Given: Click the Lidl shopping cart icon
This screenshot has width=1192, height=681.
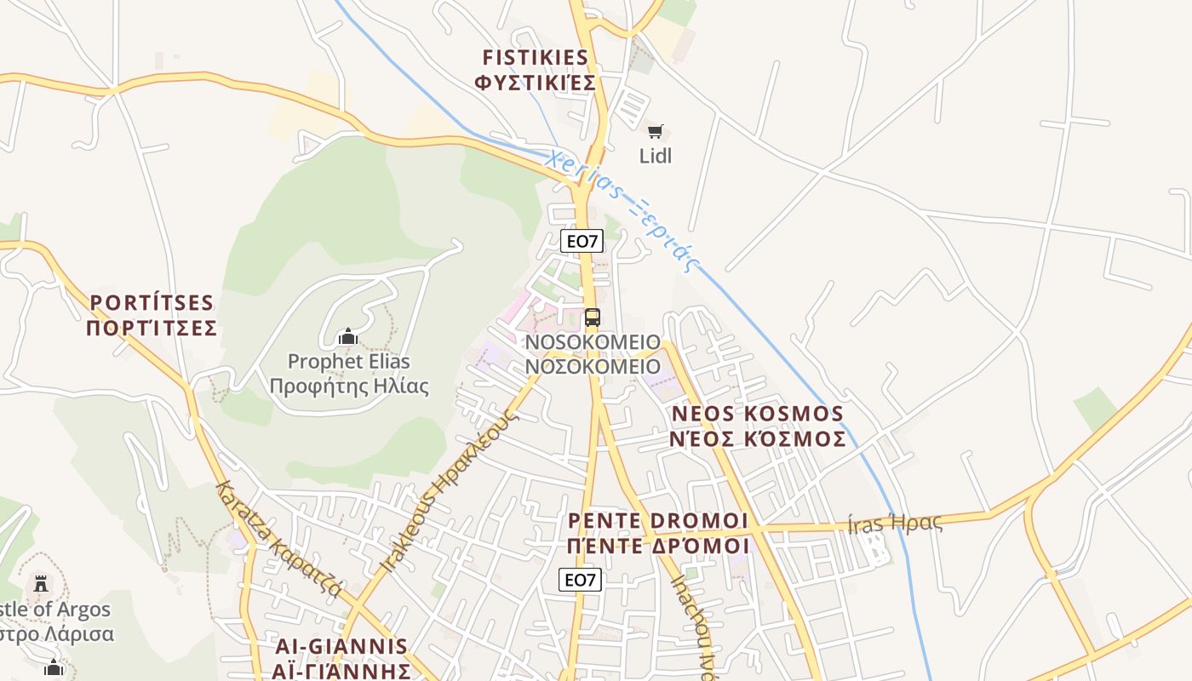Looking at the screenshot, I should click(655, 131).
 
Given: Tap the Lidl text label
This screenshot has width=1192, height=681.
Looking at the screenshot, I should click(656, 156).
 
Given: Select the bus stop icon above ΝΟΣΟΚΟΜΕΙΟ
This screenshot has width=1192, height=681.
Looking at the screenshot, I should click(593, 318).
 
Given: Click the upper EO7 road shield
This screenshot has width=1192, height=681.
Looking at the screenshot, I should click(582, 241).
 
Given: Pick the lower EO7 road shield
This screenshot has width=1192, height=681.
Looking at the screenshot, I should click(581, 580).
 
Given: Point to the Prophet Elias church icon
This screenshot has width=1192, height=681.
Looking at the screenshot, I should click(347, 337).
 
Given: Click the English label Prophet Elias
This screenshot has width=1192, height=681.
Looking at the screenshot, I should click(349, 361).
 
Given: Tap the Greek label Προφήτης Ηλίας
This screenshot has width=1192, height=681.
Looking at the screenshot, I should click(349, 386).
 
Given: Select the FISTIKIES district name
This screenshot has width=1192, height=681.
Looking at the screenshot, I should click(536, 58).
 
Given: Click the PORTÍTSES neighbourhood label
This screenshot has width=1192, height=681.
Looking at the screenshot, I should click(152, 303).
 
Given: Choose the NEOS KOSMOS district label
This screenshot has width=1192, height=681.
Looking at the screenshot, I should click(758, 414).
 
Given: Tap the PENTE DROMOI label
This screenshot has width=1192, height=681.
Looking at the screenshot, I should click(658, 520).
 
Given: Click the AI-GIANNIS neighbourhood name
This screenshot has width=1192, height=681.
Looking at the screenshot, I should click(341, 646).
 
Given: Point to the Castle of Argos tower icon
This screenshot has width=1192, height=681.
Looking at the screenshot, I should click(40, 584).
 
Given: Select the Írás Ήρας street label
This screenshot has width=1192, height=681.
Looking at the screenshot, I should click(895, 523).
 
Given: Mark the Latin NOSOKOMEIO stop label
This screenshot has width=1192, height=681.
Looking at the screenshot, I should click(593, 342).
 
